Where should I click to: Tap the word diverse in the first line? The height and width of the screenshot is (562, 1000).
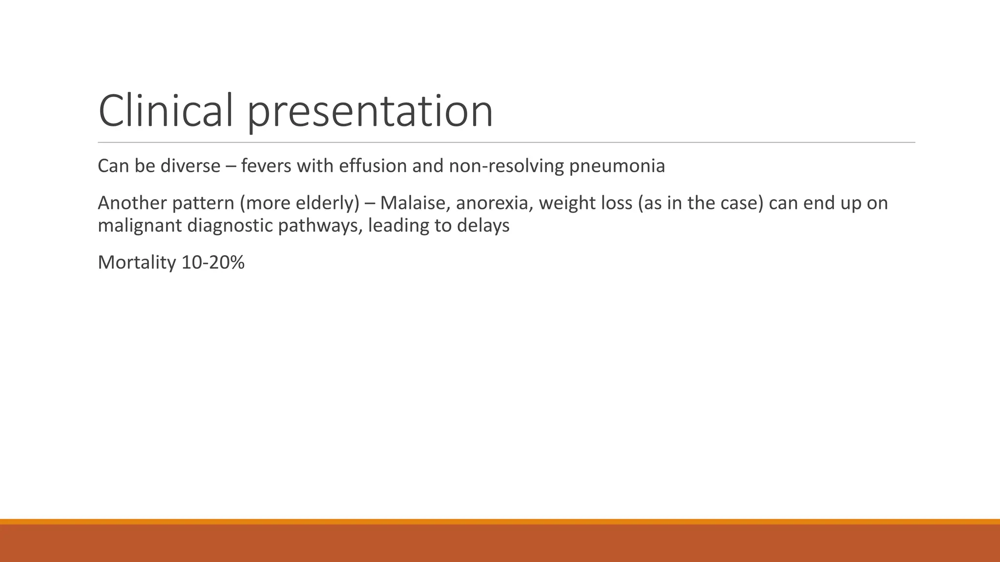190,166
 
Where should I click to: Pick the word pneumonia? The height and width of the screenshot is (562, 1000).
617,167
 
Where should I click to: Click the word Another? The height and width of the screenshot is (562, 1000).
132,203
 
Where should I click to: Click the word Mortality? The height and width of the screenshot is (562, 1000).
137,263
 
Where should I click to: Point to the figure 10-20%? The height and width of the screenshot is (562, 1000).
213,262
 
